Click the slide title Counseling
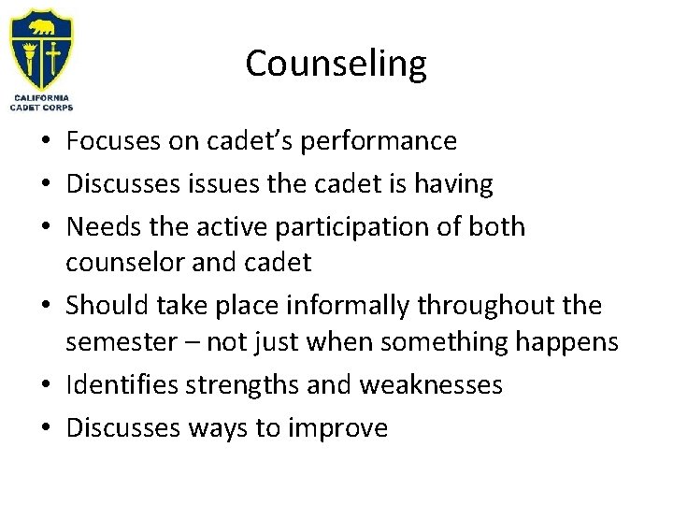point(336,64)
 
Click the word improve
point(342,428)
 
